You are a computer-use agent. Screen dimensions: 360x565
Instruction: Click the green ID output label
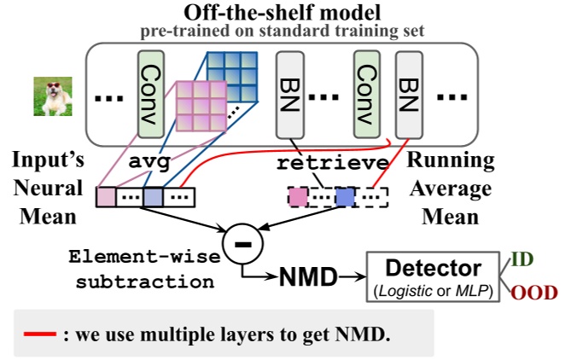tap(523, 257)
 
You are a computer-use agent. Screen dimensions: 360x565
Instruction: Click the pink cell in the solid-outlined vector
tap(107, 198)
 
